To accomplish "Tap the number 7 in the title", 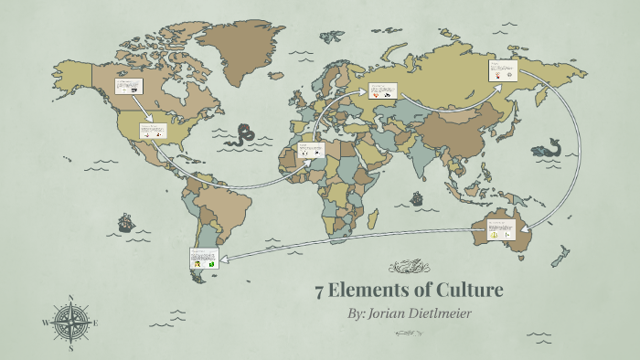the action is [319, 291].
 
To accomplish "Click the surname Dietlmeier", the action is [455, 313].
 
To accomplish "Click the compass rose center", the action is [69, 323].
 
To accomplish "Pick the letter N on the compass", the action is [70, 297].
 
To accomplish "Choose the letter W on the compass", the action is [45, 323].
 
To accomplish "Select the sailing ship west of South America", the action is [124, 222].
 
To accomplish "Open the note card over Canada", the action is [128, 87].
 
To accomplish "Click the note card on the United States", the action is [153, 131].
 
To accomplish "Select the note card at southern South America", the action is [202, 259].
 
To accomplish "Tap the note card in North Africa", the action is [311, 149].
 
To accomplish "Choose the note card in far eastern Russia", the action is [502, 70].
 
